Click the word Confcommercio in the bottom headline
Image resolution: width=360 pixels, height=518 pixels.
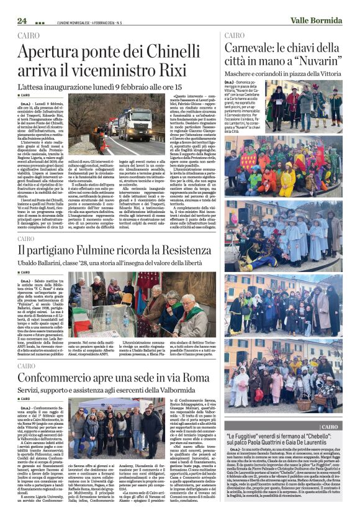[68, 378]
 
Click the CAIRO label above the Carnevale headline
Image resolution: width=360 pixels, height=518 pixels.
[235, 35]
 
